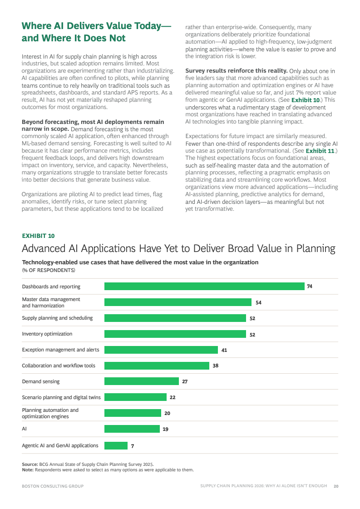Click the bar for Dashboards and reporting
pyautogui.click(x=204, y=287)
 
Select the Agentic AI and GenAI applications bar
pyautogui.click(x=116, y=446)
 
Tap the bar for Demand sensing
pyautogui.click(x=142, y=381)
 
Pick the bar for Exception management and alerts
pyautogui.click(x=161, y=350)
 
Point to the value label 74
pyautogui.click(x=310, y=287)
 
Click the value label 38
pyautogui.click(x=216, y=366)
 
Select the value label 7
pyautogui.click(x=133, y=446)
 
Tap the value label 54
pyautogui.click(x=258, y=302)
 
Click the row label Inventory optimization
pyautogui.click(x=47, y=334)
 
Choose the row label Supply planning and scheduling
pyautogui.click(x=57, y=318)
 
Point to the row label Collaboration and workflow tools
pyautogui.click(x=59, y=366)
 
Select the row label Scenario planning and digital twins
pyautogui.click(x=61, y=397)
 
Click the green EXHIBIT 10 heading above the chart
pyautogui.click(x=38, y=236)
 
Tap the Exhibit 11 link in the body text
pyautogui.click(x=320, y=151)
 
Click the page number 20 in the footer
pyautogui.click(x=336, y=486)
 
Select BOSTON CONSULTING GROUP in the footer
pyautogui.click(x=53, y=486)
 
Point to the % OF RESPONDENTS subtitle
pyautogui.click(x=49, y=271)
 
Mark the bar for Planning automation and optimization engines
pyautogui.click(x=133, y=413)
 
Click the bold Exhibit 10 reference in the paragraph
pyautogui.click(x=306, y=100)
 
